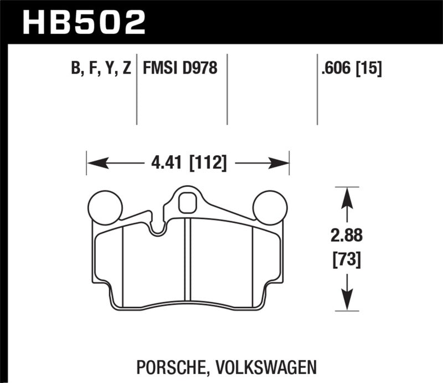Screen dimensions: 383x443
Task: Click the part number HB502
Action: [84, 22]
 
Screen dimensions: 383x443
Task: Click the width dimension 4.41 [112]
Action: [188, 164]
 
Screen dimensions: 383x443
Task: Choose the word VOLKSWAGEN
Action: [274, 366]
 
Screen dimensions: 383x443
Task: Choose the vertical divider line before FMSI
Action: [137, 89]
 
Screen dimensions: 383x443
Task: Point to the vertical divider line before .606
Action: [317, 89]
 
